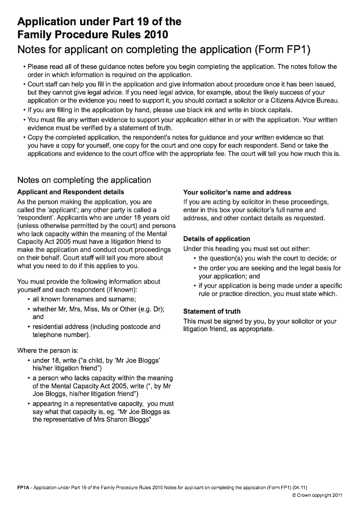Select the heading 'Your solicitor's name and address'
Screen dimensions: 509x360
click(237, 192)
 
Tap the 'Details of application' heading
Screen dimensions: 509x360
click(216, 239)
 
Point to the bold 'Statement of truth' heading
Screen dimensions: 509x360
click(212, 311)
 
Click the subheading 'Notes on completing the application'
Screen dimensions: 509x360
click(84, 180)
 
